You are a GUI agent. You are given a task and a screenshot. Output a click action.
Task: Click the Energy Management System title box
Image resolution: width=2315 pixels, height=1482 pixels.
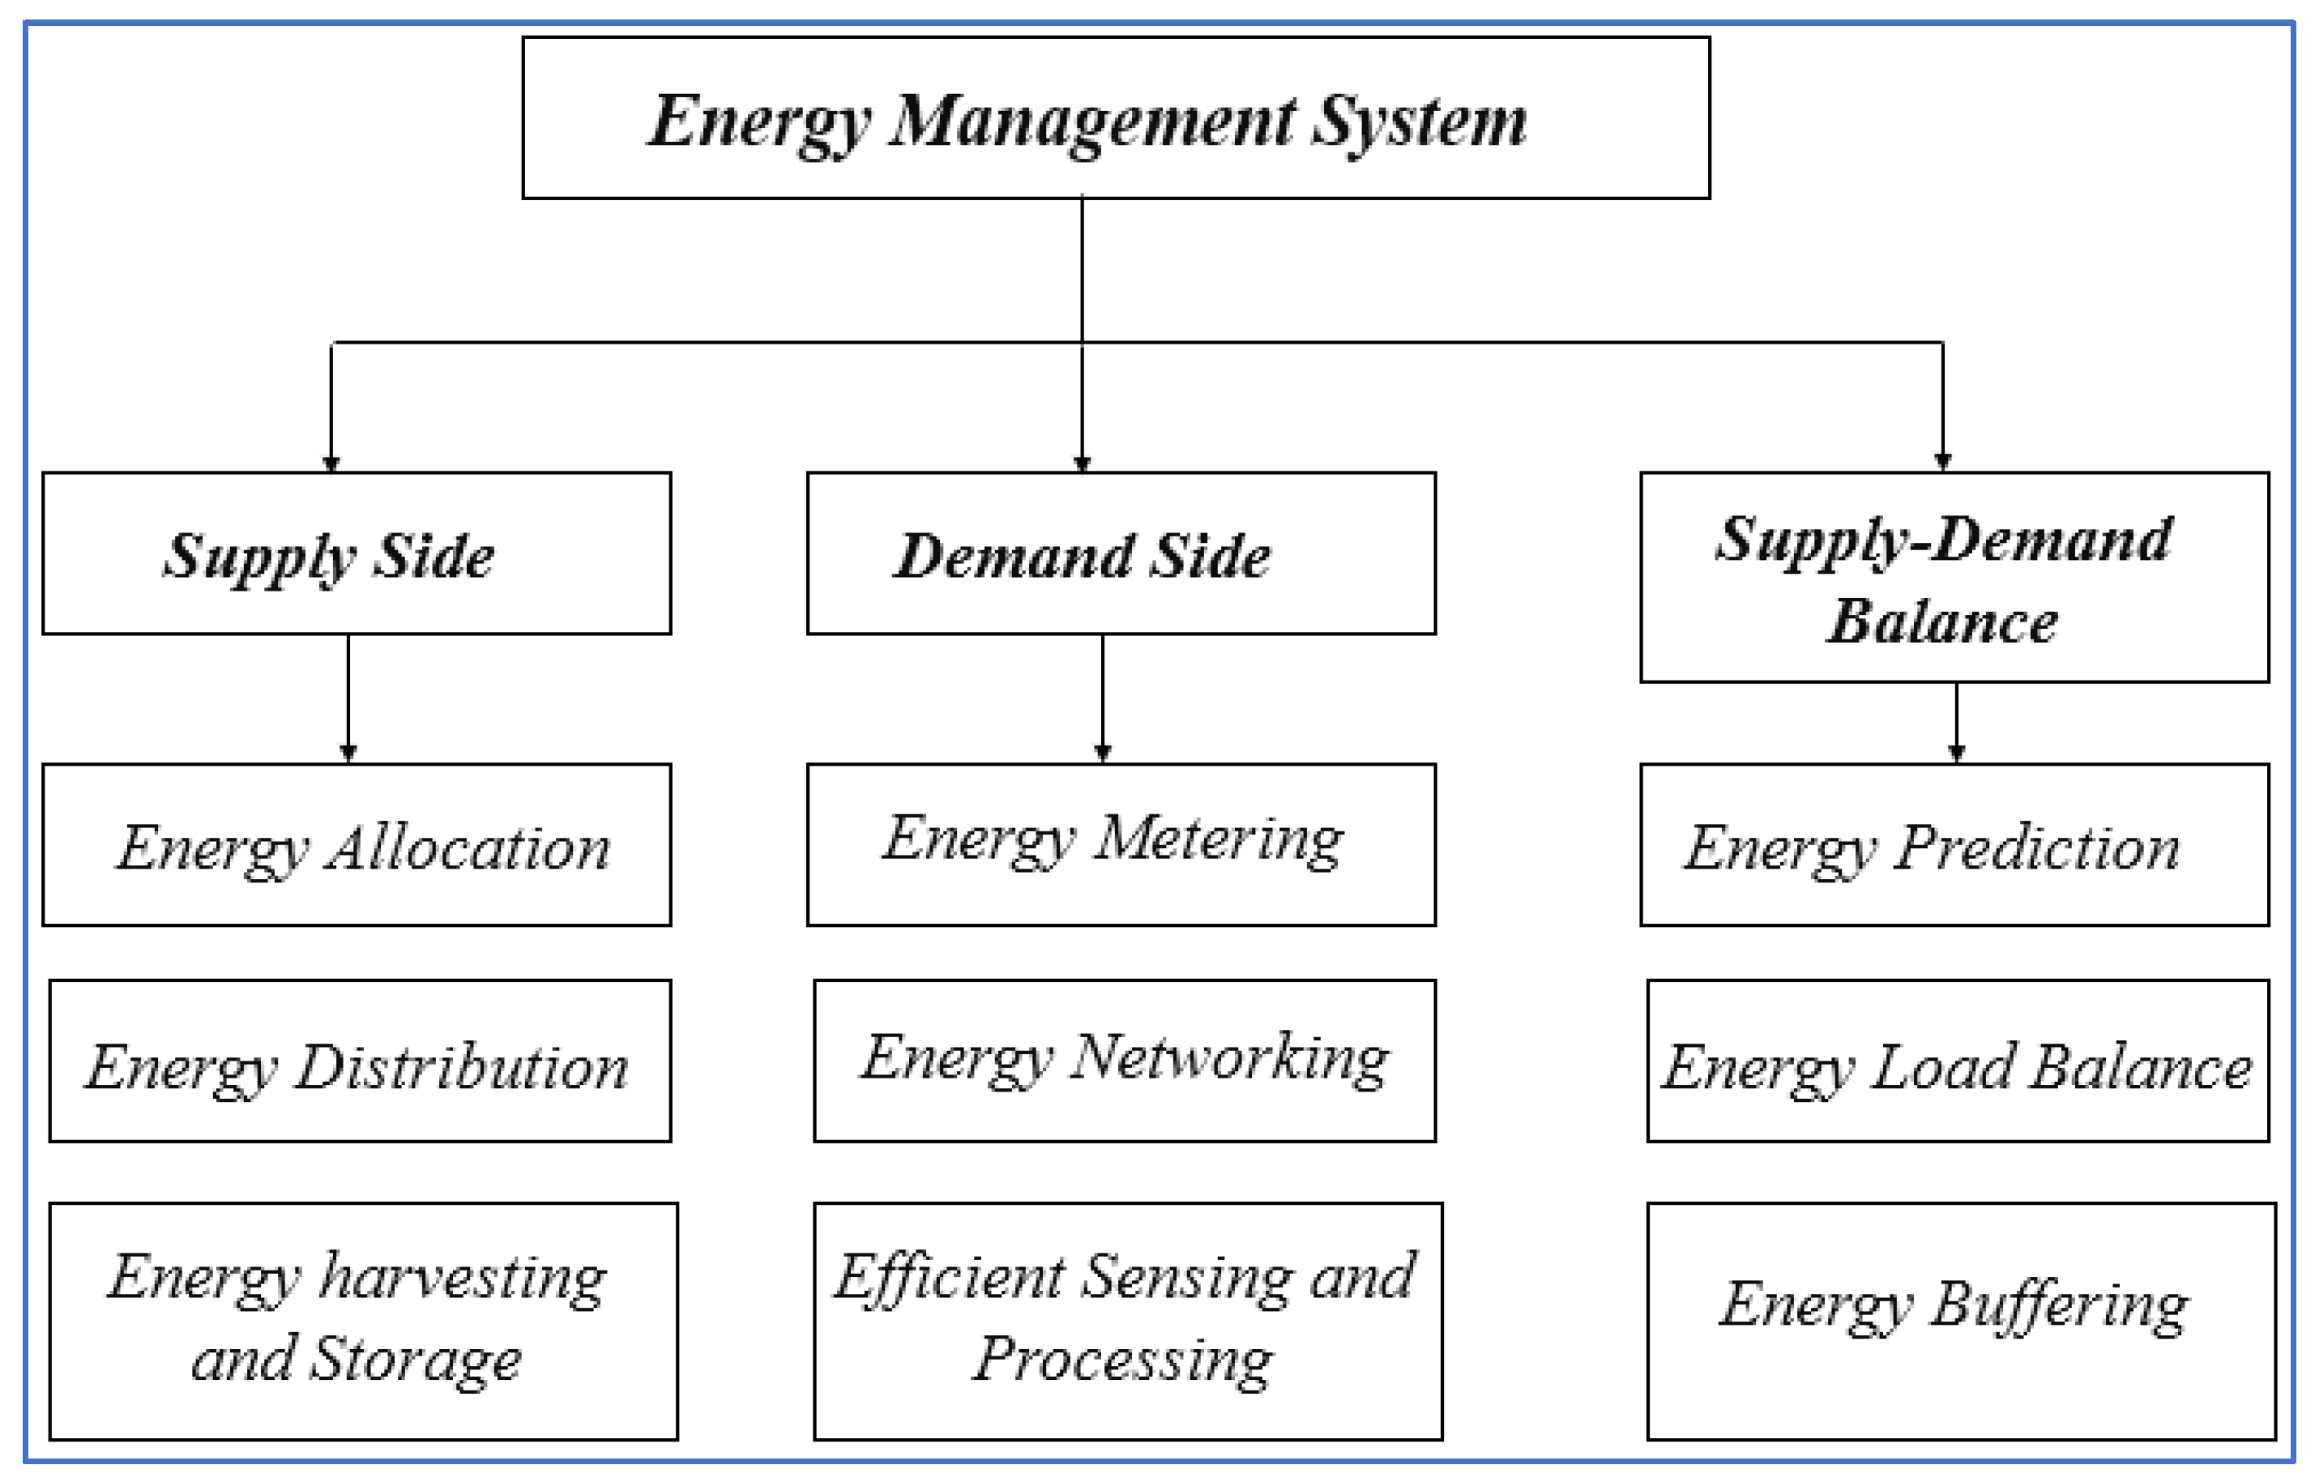1116,117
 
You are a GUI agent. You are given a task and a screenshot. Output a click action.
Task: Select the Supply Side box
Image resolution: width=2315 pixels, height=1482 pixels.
356,553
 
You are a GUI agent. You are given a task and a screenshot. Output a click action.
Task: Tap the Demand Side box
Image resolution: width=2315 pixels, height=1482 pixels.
1121,553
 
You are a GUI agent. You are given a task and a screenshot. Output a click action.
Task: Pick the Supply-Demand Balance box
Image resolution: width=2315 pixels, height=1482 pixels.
1954,578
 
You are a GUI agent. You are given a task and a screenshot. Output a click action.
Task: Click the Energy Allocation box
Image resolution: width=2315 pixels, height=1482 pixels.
356,845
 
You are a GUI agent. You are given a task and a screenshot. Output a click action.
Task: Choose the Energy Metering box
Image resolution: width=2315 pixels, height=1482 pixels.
1121,845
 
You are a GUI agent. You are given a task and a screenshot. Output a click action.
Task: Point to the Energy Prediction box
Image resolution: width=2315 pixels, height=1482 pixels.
1954,845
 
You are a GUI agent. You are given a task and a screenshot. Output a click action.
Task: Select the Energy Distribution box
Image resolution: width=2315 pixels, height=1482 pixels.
360,1061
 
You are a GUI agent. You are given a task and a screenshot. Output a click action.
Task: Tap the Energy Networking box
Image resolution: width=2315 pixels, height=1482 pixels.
1124,1061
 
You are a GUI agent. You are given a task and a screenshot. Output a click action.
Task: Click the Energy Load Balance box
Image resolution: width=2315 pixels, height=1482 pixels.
1958,1061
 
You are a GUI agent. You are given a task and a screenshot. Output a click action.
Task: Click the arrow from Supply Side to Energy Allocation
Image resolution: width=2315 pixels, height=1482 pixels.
348,698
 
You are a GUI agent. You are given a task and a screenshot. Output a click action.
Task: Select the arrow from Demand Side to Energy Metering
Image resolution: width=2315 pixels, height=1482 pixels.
1103,698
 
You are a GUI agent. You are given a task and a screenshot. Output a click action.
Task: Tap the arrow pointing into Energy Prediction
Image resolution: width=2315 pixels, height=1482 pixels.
1956,722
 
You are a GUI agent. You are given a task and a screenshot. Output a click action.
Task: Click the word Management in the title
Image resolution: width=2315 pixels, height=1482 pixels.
1092,123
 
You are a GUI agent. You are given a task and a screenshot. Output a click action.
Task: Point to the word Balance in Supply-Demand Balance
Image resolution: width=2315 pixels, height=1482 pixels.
1941,622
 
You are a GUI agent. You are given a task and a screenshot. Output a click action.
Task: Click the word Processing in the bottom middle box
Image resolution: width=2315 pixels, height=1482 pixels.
1122,1360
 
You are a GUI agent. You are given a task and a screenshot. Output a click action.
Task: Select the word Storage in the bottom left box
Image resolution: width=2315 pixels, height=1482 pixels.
416,1360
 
